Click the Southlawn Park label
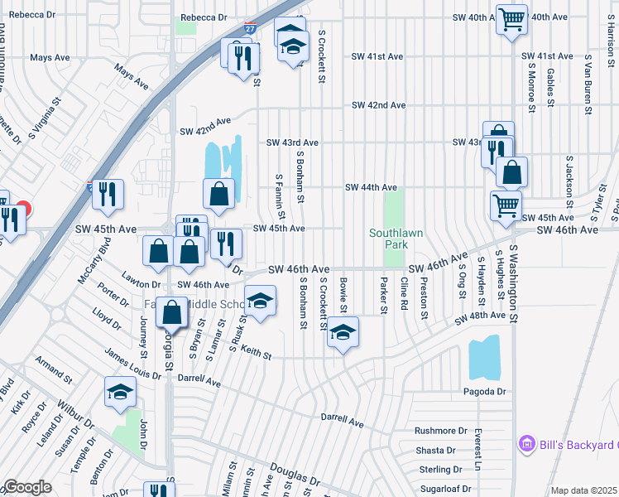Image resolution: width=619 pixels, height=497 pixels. (x=396, y=239)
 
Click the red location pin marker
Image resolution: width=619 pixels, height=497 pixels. (x=22, y=210)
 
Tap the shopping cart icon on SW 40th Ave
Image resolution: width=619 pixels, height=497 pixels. (x=511, y=18)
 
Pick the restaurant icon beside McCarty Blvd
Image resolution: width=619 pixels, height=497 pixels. (x=108, y=194)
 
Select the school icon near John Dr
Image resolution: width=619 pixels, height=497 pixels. (x=120, y=392)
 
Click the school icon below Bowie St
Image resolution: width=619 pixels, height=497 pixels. (x=342, y=332)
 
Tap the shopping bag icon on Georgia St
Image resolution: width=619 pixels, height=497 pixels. (x=171, y=313)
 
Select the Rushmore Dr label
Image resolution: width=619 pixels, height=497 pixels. (x=440, y=431)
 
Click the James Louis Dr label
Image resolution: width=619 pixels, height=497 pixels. (x=132, y=364)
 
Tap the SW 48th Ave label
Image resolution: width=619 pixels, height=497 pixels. (x=481, y=316)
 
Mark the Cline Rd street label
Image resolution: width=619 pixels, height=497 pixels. (x=404, y=293)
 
